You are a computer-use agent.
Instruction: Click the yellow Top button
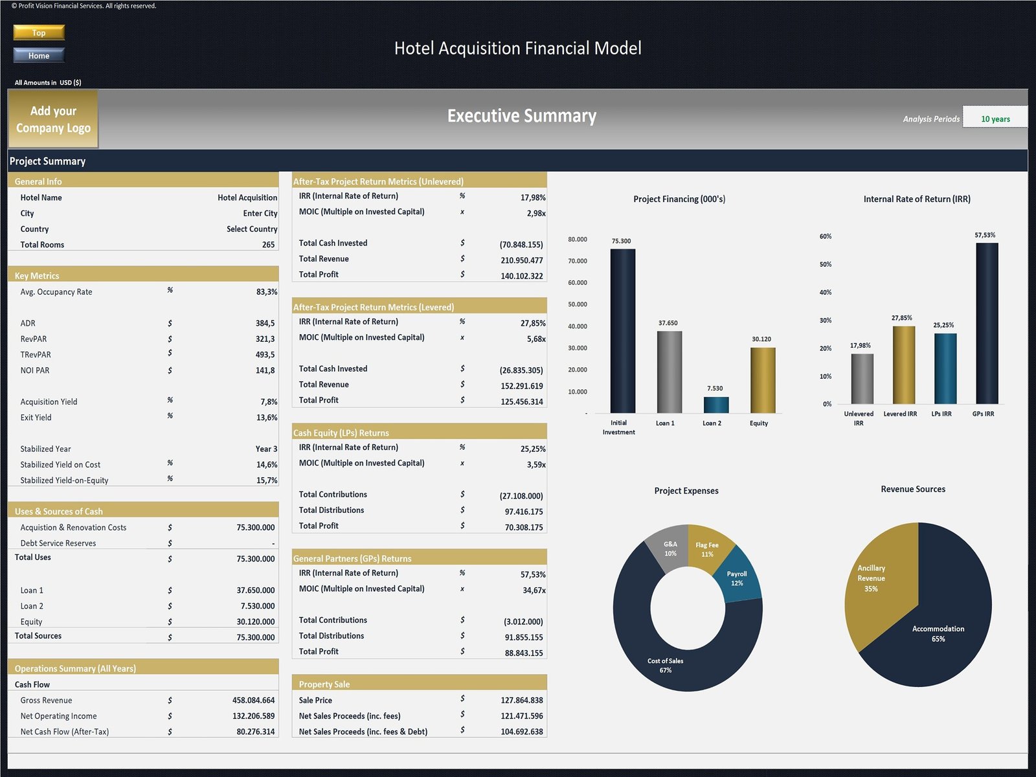point(39,32)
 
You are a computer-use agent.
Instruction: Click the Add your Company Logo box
point(53,120)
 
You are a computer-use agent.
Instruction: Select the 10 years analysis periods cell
point(995,118)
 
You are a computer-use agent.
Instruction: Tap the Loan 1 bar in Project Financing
point(669,372)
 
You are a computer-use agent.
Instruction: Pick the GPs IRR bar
point(986,324)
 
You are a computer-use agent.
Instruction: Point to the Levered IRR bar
point(903,365)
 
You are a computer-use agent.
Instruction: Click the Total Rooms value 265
point(268,245)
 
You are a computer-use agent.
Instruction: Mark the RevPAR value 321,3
point(265,339)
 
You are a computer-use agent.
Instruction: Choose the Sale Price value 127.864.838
point(521,701)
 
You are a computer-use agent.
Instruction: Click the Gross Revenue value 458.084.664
point(253,701)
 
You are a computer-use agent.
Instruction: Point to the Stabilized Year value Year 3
point(265,449)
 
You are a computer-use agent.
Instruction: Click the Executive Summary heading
point(521,116)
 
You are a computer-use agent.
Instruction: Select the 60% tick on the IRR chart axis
point(826,236)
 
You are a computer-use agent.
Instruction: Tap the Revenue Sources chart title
point(912,490)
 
